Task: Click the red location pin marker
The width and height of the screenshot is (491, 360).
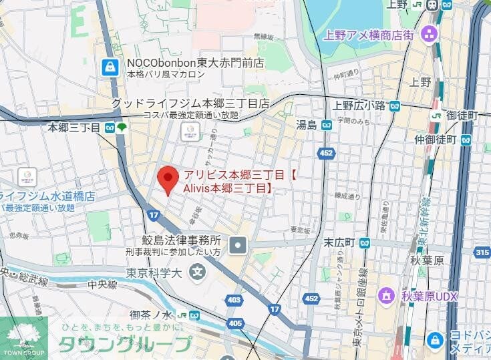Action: coord(168,178)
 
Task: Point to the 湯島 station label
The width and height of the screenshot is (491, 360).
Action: coord(307,125)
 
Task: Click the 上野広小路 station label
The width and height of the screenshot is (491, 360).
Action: coord(359,106)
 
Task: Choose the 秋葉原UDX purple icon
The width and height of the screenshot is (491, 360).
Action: coord(385,295)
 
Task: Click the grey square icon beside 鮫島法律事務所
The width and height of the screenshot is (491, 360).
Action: coord(238,246)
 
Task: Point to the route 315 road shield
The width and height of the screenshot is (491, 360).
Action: coord(482,252)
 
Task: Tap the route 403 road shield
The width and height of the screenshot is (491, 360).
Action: coord(234,301)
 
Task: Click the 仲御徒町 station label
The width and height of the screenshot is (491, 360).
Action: coord(434,140)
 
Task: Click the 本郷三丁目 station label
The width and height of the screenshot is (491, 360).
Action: coord(74,127)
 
